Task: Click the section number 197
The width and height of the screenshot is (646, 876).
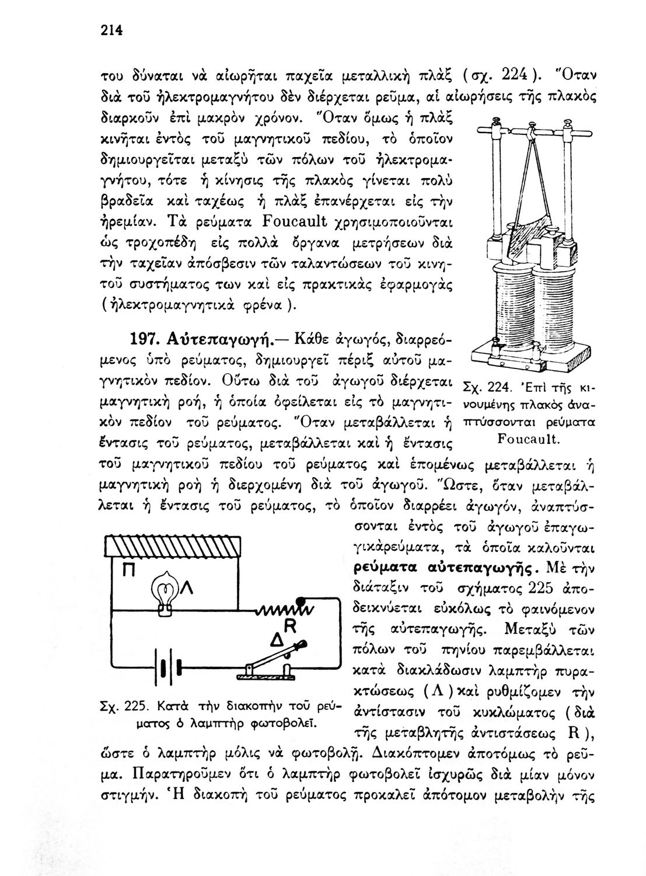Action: (144, 339)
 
